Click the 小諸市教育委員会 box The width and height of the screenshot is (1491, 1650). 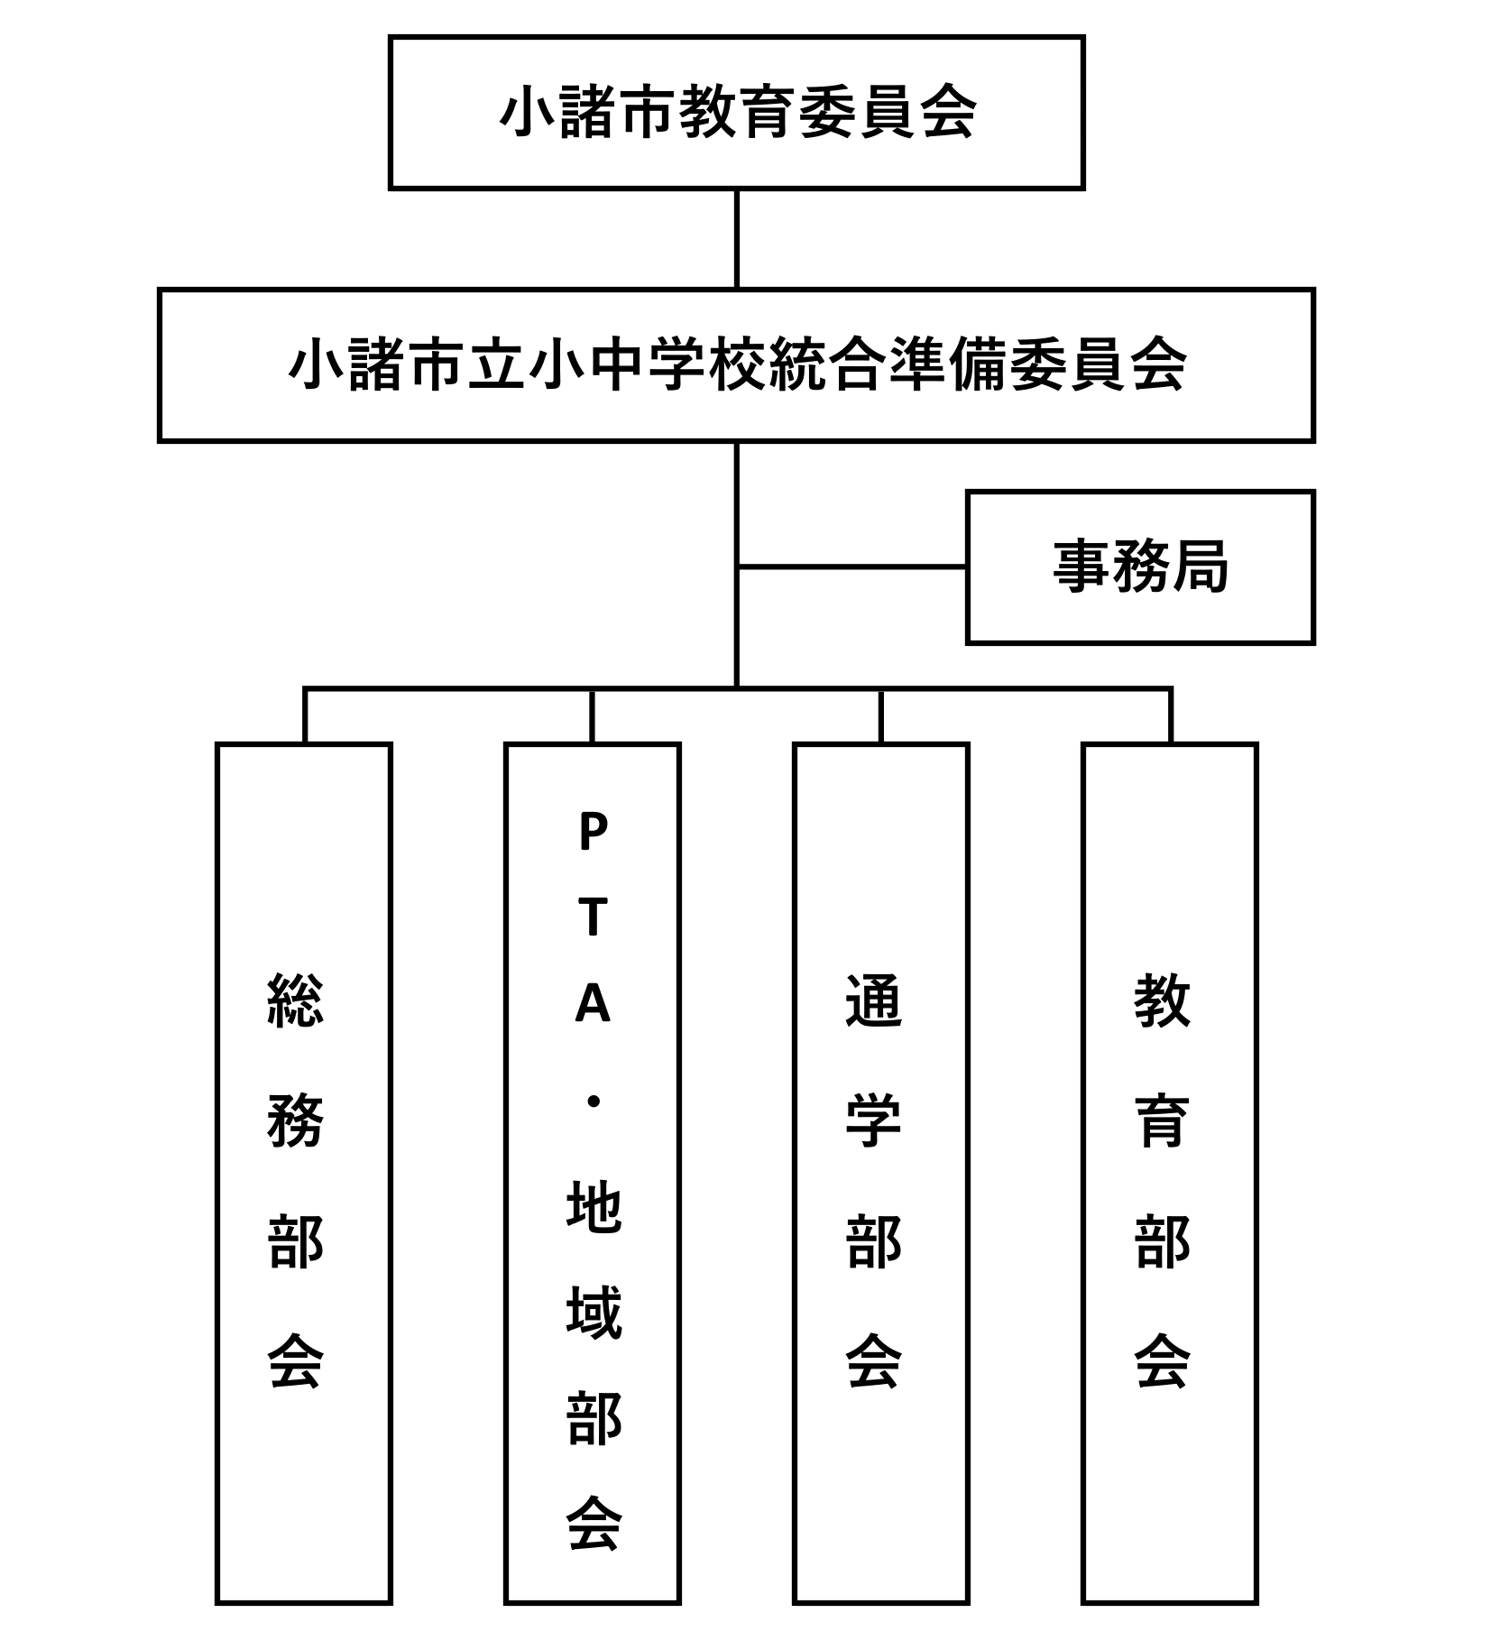pyautogui.click(x=736, y=113)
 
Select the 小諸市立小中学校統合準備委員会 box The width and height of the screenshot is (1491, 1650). pyautogui.click(x=736, y=365)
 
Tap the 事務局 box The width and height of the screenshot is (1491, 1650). pyautogui.click(x=1140, y=567)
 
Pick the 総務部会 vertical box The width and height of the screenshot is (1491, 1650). pyautogui.click(x=304, y=1173)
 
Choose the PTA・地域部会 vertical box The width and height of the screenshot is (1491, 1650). pyautogui.click(x=593, y=1173)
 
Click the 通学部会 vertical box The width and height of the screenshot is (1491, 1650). pyautogui.click(x=881, y=1173)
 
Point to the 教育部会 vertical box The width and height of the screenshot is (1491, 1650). pyautogui.click(x=1170, y=1173)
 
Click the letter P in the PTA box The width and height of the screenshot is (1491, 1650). pyautogui.click(x=593, y=832)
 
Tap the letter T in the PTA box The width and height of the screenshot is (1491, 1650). pyautogui.click(x=593, y=917)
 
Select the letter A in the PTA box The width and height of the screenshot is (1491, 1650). pyautogui.click(x=593, y=1003)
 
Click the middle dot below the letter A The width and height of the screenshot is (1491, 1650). pyautogui.click(x=593, y=1102)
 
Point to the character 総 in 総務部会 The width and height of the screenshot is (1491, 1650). pyautogui.click(x=296, y=1000)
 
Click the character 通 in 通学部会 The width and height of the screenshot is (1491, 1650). pyautogui.click(x=873, y=1000)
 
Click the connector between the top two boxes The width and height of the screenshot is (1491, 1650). pyautogui.click(x=737, y=239)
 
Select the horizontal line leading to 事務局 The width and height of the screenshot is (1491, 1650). pyautogui.click(x=852, y=567)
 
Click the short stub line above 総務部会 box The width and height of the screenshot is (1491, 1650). pyautogui.click(x=305, y=716)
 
